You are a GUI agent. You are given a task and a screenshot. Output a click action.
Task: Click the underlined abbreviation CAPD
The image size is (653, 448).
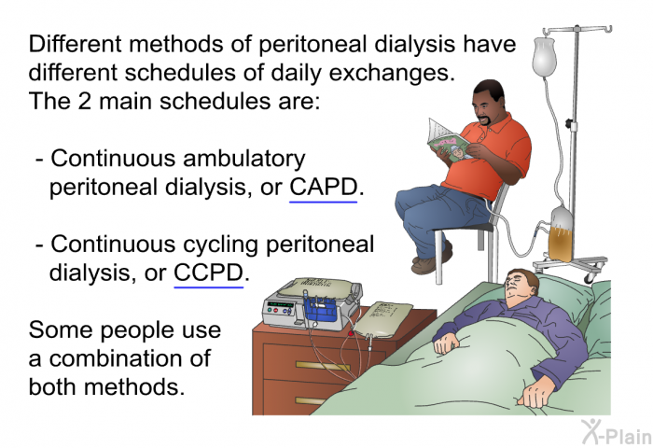pyautogui.click(x=323, y=187)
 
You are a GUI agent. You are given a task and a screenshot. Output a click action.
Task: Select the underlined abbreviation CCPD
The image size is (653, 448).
pyautogui.click(x=208, y=273)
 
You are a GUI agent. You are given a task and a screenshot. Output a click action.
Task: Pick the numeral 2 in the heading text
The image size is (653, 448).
pyautogui.click(x=84, y=102)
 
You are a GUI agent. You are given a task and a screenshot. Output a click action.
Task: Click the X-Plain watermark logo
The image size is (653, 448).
pyautogui.click(x=617, y=432)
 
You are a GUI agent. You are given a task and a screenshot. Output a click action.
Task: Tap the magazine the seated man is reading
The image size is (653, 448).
pyautogui.click(x=450, y=142)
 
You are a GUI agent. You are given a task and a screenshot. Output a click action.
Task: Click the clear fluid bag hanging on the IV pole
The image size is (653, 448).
pyautogui.click(x=544, y=57)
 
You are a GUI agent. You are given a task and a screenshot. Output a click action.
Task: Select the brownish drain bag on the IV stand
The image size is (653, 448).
pyautogui.click(x=561, y=236)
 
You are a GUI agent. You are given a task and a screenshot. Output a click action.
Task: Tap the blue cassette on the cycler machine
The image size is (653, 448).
pyautogui.click(x=320, y=308)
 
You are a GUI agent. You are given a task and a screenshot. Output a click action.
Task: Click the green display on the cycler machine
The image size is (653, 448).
pyautogui.click(x=280, y=304)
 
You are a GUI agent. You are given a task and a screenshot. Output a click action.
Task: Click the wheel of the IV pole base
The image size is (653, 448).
pyautogui.click(x=590, y=276)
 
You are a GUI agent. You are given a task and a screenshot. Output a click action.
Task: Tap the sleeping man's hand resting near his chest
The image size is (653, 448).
pyautogui.click(x=447, y=343)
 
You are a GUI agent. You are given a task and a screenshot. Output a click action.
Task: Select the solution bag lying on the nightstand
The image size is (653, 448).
pyautogui.click(x=382, y=319)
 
